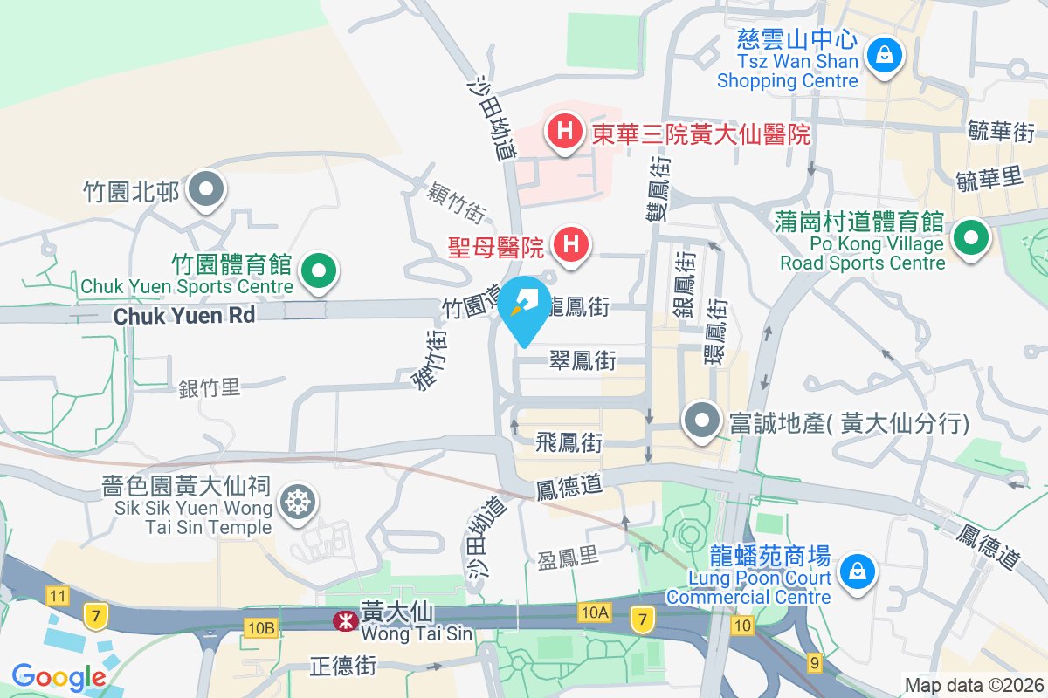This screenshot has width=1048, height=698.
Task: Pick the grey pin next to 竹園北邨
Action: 207,188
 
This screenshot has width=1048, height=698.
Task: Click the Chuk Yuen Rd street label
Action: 184,315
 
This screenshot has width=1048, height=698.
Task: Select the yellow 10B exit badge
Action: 260,627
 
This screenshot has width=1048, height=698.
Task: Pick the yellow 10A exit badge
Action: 593,613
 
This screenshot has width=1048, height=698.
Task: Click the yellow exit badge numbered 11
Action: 59,597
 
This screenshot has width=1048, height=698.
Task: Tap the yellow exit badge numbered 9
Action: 815,664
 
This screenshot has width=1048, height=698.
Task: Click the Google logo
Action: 59,676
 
